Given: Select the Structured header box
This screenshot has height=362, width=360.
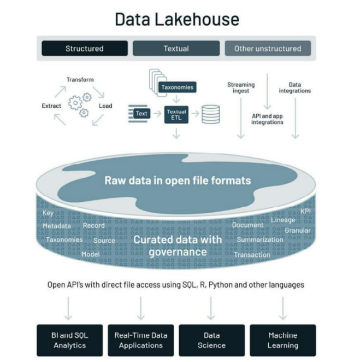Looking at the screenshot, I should point(84,48).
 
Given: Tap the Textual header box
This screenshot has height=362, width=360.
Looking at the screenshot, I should point(175,48).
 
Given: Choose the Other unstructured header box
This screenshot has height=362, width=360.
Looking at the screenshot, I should point(268,48).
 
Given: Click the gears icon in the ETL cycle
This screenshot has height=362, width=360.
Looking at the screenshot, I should point(79,104).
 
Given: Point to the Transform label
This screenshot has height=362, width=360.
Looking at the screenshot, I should point(80,80).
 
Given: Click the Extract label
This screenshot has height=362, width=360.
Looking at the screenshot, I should point(51,106).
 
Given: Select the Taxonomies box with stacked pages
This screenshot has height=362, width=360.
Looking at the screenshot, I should point(176,87).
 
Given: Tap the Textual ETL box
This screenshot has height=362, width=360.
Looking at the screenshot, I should point(175,114).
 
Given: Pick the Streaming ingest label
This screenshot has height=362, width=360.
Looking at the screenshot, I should point(240,87).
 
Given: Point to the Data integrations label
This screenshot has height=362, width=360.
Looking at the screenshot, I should point(295,87).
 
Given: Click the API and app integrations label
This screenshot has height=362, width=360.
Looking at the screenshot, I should point(267,119).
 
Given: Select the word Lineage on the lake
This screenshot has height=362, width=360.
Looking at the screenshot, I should point(283,220).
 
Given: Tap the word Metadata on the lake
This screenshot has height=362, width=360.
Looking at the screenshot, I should point(57,226).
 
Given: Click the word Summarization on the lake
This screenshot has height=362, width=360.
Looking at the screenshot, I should point(259,240).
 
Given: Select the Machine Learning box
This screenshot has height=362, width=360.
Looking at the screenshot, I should point(283,341).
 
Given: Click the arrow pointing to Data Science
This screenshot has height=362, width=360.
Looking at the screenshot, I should point(211,308).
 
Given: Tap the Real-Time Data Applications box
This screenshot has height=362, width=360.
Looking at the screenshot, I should point(140,341).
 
